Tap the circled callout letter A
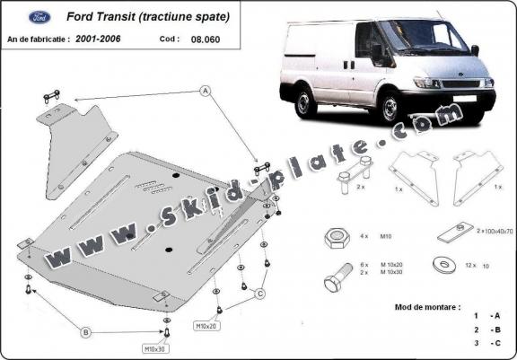click(204, 90)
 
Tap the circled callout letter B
click(86, 332)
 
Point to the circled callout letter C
click(258, 294)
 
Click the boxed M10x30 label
click(153, 347)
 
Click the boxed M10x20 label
click(207, 326)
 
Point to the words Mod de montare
click(427, 307)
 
